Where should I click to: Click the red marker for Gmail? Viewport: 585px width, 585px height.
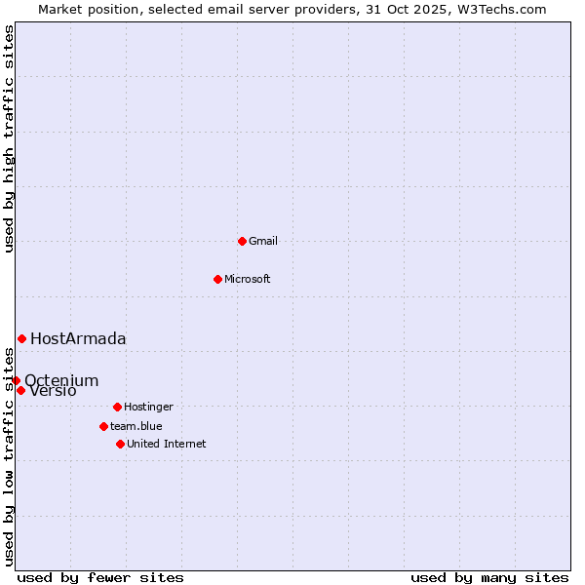pyautogui.click(x=242, y=241)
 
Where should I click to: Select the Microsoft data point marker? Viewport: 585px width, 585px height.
pyautogui.click(x=217, y=279)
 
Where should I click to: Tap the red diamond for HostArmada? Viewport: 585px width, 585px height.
pyautogui.click(x=21, y=338)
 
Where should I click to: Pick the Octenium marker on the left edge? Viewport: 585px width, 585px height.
pyautogui.click(x=17, y=380)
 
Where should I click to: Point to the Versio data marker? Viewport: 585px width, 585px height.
pyautogui.click(x=20, y=390)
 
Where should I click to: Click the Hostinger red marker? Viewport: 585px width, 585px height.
pyautogui.click(x=117, y=407)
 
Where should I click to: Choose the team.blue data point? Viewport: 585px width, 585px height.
pyautogui.click(x=103, y=426)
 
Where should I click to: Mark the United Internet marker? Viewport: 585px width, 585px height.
pyautogui.click(x=120, y=444)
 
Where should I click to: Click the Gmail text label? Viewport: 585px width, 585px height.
pyautogui.click(x=263, y=241)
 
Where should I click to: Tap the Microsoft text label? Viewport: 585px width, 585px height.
pyautogui.click(x=248, y=279)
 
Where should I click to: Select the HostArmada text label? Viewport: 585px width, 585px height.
pyautogui.click(x=78, y=338)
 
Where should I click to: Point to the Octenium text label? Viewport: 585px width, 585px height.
pyautogui.click(x=61, y=380)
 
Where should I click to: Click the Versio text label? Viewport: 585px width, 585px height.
pyautogui.click(x=54, y=391)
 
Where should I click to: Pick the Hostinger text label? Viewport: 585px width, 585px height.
pyautogui.click(x=148, y=407)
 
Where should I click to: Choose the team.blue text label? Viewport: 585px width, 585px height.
pyautogui.click(x=136, y=426)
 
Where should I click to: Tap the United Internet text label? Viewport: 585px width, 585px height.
pyautogui.click(x=167, y=444)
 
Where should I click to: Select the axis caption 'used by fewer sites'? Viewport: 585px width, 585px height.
pyautogui.click(x=100, y=577)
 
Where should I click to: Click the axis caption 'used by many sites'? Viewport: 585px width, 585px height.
pyautogui.click(x=489, y=577)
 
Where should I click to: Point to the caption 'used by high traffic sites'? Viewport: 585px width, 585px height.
pyautogui.click(x=9, y=138)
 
